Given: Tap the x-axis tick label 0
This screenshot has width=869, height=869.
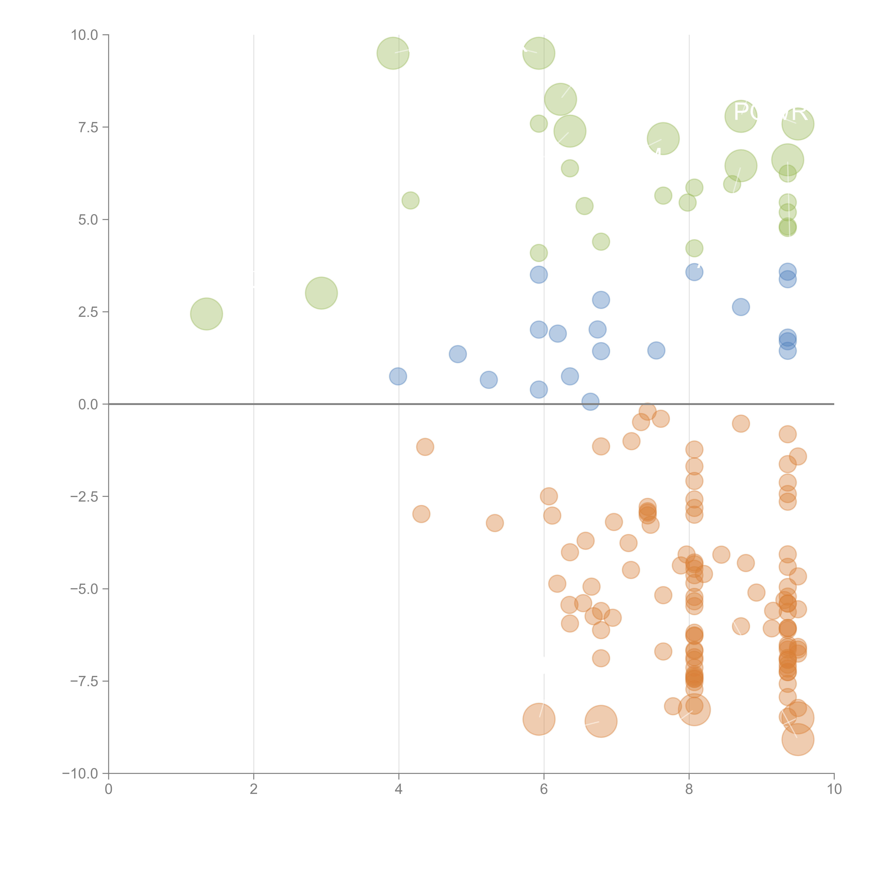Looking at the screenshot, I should tap(108, 789).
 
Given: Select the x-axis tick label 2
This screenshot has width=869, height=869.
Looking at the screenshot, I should tap(254, 789).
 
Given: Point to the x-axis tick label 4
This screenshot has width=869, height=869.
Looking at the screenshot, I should tap(399, 789).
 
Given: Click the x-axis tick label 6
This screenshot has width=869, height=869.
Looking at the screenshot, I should tap(544, 789).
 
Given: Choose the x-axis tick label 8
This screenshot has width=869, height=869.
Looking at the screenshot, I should tap(689, 789).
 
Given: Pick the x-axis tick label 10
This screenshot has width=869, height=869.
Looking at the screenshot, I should tap(834, 789).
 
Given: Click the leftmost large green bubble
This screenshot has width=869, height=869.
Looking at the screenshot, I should tap(206, 314).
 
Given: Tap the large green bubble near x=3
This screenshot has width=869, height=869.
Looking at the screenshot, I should tap(321, 293).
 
